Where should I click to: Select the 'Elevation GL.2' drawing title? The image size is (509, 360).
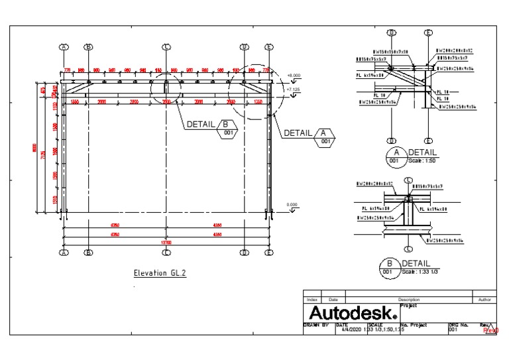160,272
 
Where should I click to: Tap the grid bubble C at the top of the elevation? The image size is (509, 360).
166,47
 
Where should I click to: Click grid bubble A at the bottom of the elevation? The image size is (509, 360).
64,253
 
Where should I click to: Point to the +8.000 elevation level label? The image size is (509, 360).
294,76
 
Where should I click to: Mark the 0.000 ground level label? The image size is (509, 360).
292,204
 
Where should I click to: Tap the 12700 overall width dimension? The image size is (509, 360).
166,242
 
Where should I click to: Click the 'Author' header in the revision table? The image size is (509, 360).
484,300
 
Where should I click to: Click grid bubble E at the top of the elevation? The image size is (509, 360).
269,47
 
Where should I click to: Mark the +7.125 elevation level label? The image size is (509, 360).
294,87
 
